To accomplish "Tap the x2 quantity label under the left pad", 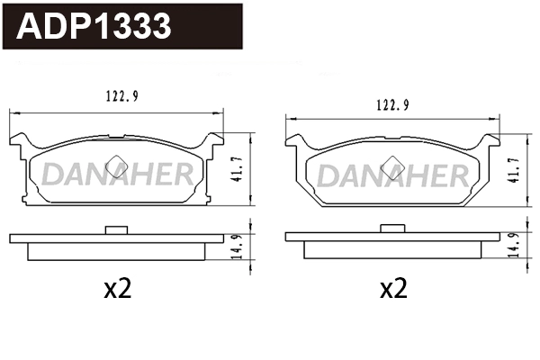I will coord(118,289).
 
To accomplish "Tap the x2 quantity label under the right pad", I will coord(393,289).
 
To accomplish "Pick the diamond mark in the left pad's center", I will coord(115,163).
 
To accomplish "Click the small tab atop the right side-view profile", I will coord(392,232).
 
